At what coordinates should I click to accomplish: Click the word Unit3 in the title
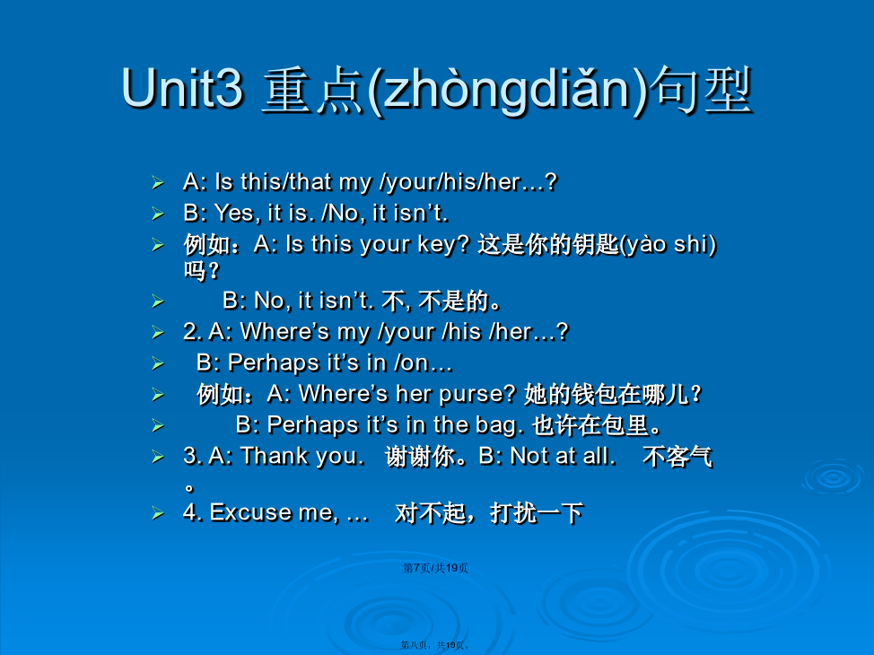tap(183, 88)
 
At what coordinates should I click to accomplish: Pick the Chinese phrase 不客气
tap(677, 457)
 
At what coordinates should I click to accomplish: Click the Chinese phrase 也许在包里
tap(597, 426)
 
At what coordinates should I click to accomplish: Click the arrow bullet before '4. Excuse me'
tap(158, 513)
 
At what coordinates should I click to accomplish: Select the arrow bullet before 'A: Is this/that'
tap(158, 182)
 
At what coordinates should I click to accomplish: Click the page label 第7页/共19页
tap(435, 568)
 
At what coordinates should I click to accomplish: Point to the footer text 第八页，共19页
tap(435, 645)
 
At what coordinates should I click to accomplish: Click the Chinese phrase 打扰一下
tap(537, 513)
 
